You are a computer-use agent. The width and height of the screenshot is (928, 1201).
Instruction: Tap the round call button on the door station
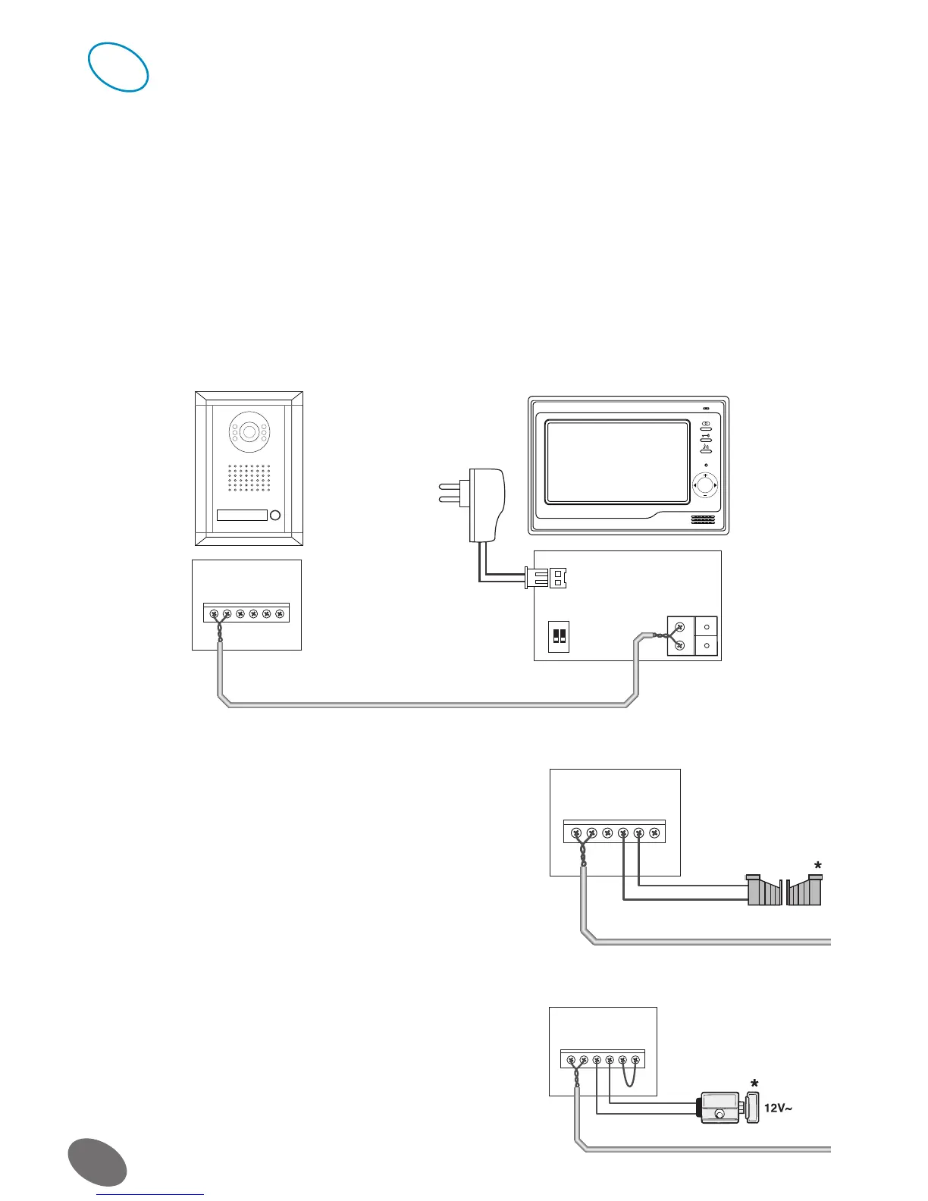[x=275, y=516]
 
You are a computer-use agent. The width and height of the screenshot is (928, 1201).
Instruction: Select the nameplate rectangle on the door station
[x=242, y=516]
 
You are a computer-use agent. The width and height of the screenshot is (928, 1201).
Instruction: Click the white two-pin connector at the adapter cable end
[x=547, y=579]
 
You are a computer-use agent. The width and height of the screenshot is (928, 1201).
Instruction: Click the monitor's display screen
[x=617, y=463]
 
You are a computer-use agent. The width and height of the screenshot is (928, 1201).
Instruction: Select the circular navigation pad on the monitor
[x=705, y=484]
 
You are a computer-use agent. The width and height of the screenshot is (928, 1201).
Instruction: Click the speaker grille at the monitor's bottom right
[x=703, y=520]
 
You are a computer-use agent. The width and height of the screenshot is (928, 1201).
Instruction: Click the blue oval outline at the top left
[x=118, y=67]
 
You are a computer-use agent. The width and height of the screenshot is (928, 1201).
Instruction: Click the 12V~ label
[x=778, y=1108]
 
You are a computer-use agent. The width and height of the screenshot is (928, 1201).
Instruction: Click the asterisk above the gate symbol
[x=817, y=867]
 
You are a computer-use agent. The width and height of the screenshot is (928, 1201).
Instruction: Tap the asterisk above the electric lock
[x=754, y=1082]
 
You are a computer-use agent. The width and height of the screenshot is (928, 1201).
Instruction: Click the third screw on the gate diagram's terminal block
[x=607, y=833]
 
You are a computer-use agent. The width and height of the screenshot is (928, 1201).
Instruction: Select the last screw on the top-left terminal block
[x=280, y=613]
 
